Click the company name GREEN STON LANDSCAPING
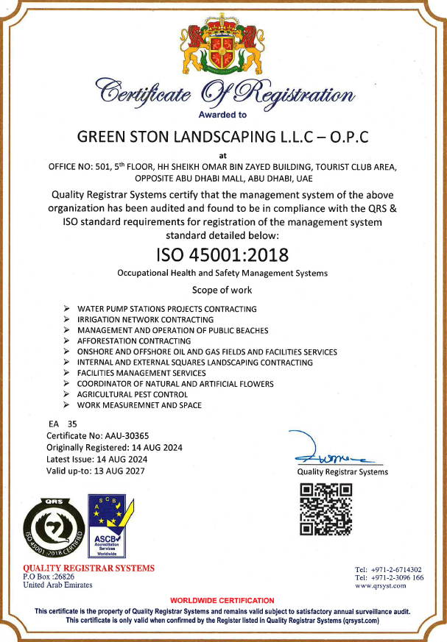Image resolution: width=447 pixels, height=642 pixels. [x=222, y=137]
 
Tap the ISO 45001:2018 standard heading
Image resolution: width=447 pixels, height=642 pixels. [x=222, y=254]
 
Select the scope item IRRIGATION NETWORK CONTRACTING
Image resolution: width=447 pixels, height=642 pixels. [x=145, y=320]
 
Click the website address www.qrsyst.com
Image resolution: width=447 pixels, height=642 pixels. [x=381, y=586]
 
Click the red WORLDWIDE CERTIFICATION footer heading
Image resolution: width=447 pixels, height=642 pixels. [x=222, y=601]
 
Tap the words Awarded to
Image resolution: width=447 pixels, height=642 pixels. [x=222, y=115]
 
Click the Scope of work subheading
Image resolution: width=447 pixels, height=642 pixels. [x=222, y=290]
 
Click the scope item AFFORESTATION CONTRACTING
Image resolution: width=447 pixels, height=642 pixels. [x=134, y=341]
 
